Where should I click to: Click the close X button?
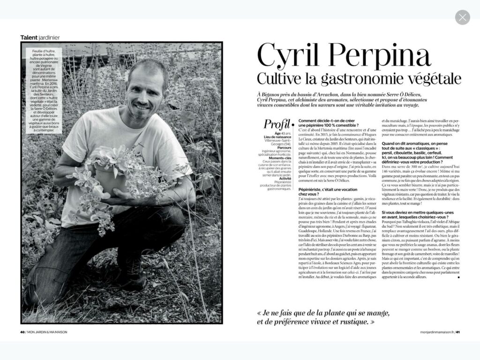[x=462, y=18]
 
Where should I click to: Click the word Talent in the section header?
[x=29, y=37]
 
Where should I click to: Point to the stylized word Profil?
[x=277, y=124]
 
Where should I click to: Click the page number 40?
[x=23, y=332]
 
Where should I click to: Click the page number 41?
[x=458, y=332]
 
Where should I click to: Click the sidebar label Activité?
[x=279, y=178]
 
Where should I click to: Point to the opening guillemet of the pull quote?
[x=260, y=313]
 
